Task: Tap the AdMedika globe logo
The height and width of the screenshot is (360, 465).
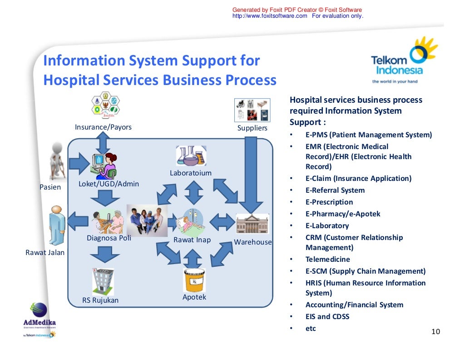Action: pos(40,311)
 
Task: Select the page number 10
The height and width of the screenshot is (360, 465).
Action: pos(435,331)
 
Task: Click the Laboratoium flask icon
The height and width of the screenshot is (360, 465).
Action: pos(191,156)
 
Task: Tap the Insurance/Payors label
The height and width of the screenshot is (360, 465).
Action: pos(103,127)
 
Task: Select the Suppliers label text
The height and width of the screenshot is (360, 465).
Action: pos(252,128)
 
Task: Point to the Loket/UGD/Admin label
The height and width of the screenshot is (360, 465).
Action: pos(109,184)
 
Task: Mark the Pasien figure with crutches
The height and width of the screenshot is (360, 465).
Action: pos(55,162)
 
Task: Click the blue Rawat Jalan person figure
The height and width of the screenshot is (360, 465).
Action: pos(56,225)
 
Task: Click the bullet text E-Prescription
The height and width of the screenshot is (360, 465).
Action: pos(329,202)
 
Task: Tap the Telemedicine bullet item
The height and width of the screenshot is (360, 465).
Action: pos(327,260)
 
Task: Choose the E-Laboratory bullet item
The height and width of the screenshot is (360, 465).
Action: pos(327,226)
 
